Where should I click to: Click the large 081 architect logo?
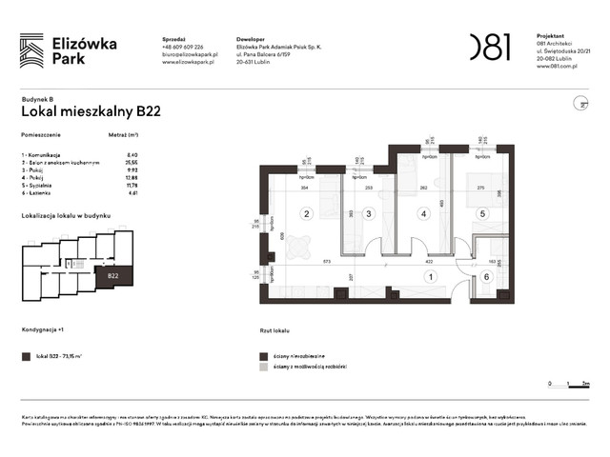click(x=490, y=47)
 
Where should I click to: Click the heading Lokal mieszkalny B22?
click(x=91, y=110)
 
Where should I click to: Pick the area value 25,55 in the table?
click(x=132, y=162)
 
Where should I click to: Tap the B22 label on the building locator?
click(x=112, y=275)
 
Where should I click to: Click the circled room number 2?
click(x=307, y=214)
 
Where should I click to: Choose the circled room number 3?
click(x=369, y=214)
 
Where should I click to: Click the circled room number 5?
click(x=482, y=214)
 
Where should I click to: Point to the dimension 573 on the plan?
click(x=325, y=260)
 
